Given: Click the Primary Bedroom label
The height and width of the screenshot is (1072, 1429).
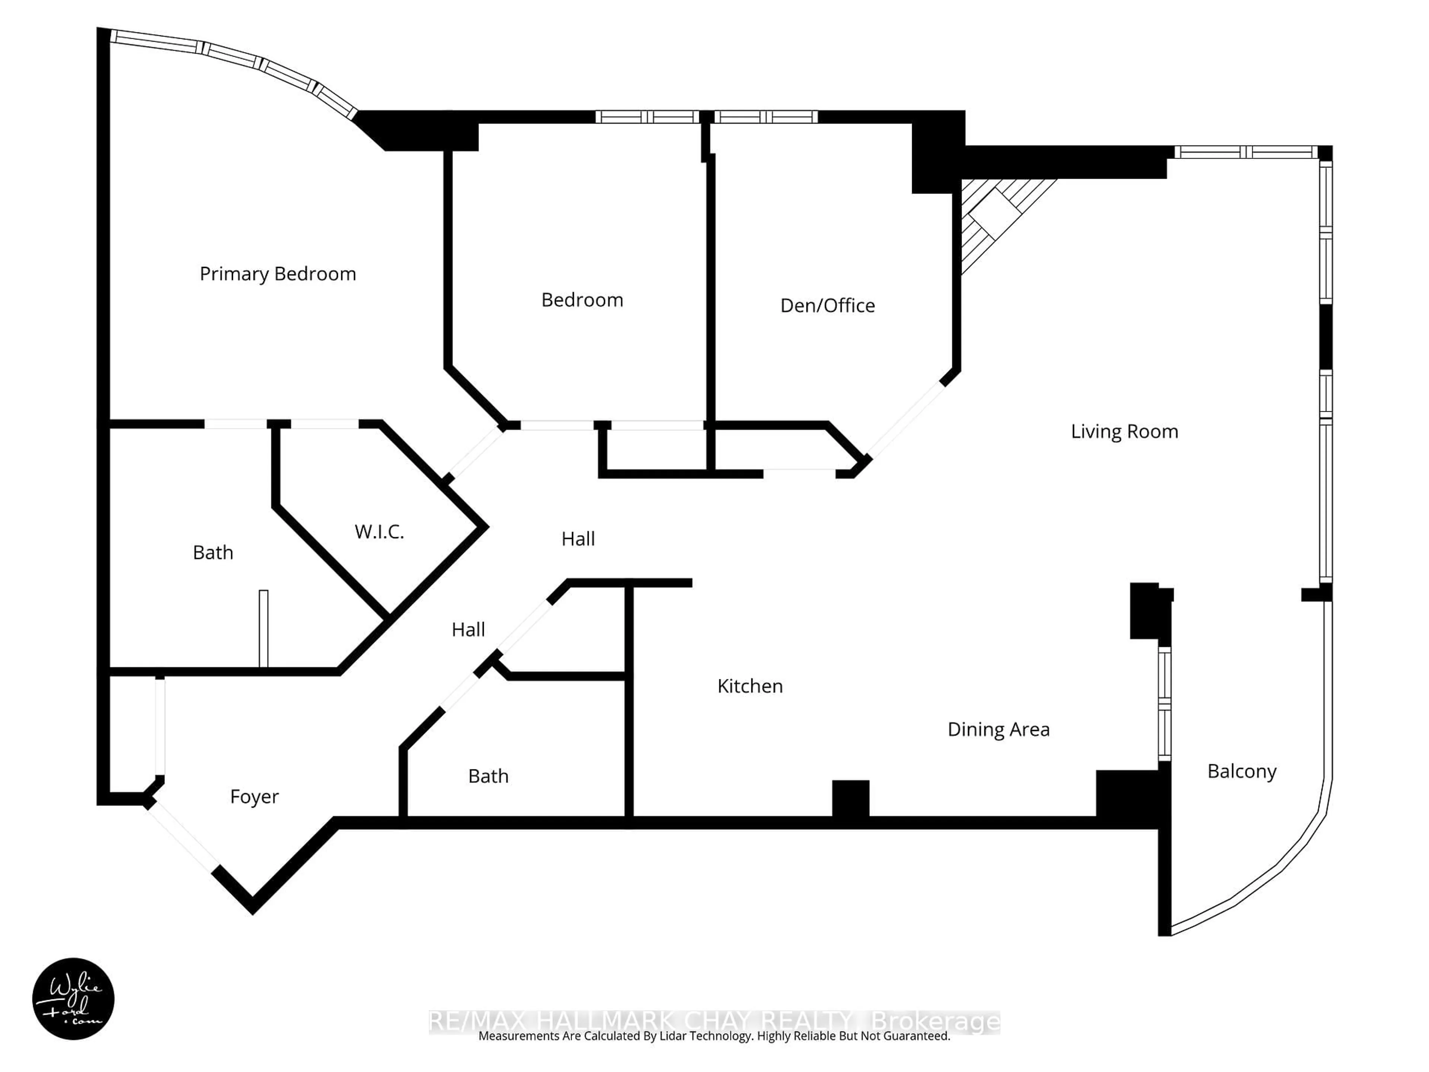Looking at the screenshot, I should [x=278, y=274].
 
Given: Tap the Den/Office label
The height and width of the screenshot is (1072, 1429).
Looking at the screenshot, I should [x=828, y=306].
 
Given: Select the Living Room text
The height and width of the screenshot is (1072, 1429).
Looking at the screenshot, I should [x=1124, y=432].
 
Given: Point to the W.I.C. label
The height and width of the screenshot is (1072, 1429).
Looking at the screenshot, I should [x=379, y=532].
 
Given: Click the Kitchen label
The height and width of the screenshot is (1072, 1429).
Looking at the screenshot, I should [x=750, y=686].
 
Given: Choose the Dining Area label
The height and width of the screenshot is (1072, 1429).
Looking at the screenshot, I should [x=998, y=730].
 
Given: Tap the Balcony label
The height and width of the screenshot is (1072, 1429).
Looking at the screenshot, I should [x=1242, y=772].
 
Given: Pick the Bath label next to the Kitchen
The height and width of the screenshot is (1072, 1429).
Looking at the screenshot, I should [x=488, y=776].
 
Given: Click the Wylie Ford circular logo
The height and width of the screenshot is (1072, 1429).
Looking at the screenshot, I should [x=73, y=998].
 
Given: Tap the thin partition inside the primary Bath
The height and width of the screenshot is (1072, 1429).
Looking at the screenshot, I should [x=263, y=628].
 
